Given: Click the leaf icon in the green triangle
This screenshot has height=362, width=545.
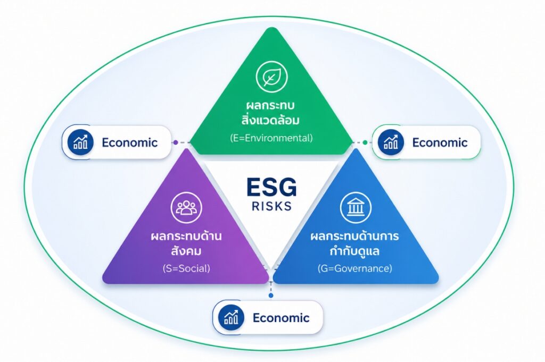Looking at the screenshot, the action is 271,77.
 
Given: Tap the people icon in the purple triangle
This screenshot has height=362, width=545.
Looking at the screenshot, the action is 186,207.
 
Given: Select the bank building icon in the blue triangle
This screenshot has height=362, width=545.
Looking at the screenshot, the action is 356,207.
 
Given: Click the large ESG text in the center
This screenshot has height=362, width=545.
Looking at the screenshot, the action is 271,187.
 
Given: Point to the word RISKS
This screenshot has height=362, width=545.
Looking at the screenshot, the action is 271,206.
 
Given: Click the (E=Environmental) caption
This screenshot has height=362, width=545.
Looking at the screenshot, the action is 271,138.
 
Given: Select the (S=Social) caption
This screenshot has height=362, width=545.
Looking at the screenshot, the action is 186,268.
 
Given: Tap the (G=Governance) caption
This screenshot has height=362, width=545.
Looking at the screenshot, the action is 355,268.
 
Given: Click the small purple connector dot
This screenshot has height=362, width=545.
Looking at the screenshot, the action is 176,142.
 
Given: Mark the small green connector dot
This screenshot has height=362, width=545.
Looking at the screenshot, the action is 365,142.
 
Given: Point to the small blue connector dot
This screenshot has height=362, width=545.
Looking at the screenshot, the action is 271,296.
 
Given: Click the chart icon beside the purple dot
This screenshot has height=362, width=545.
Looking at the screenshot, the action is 80,142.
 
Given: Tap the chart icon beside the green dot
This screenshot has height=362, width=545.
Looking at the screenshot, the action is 391,142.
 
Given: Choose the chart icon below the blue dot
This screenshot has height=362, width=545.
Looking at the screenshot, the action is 231,317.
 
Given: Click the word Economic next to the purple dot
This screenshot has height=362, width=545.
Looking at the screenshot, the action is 130,142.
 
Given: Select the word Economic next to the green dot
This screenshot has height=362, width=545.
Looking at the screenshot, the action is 440,142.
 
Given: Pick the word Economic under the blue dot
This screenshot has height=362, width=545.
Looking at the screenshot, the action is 281,318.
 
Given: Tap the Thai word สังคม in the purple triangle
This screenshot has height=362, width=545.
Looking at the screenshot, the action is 186,250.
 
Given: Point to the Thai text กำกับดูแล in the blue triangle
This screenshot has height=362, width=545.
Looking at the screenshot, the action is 355,250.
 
